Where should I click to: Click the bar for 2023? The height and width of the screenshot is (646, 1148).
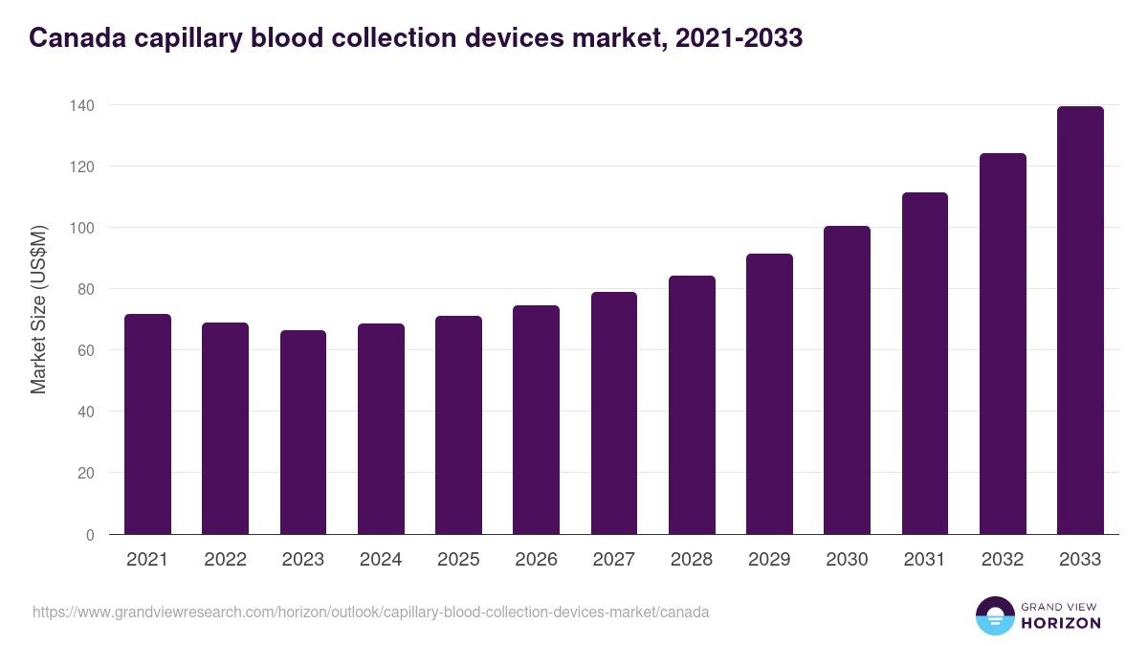(x=303, y=433)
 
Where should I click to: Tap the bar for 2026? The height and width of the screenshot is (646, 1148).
(x=536, y=420)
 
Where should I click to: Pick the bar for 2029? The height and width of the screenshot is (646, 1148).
(x=769, y=394)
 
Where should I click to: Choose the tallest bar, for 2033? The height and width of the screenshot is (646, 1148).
(x=1080, y=321)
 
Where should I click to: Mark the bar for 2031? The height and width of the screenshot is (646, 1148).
(x=924, y=364)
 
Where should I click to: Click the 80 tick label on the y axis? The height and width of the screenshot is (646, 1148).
(x=85, y=289)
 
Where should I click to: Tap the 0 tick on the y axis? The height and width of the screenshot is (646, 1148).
(x=90, y=535)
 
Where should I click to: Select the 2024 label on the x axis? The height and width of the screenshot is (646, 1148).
(x=381, y=560)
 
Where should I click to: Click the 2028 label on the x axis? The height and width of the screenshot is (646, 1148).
(x=692, y=560)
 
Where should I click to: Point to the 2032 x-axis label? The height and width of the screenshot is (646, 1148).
(x=1003, y=560)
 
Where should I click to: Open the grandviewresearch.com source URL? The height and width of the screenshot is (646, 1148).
(x=370, y=612)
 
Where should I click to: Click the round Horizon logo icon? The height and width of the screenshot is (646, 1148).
(x=994, y=615)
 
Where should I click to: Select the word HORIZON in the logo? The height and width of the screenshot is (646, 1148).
(x=1061, y=623)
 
